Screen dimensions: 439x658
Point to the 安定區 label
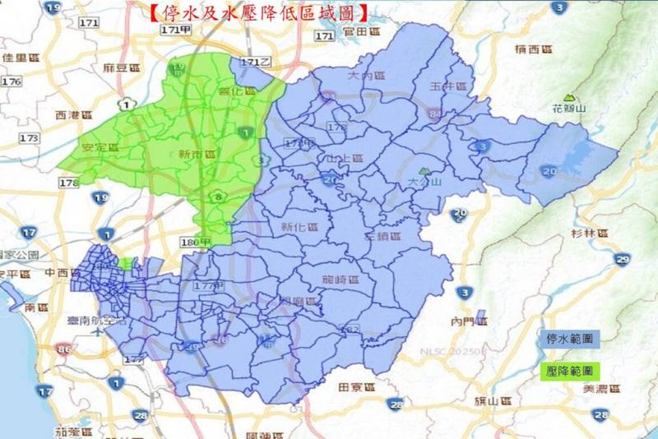tap(101, 148)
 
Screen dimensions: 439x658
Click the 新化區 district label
tap(299, 227)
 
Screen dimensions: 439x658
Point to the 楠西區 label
tap(532, 50)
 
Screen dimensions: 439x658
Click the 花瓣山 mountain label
tap(568, 108)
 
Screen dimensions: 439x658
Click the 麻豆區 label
tap(112, 67)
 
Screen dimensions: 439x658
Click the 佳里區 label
tap(21, 58)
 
